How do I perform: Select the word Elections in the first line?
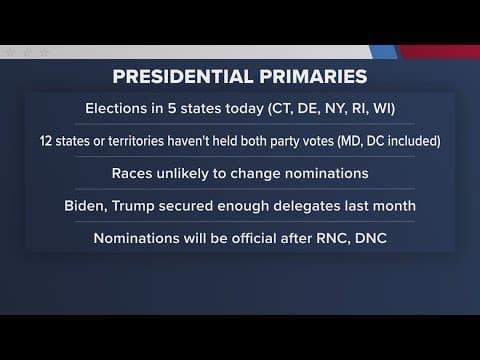tap(128, 108)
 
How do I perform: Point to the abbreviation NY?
tap(343, 108)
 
